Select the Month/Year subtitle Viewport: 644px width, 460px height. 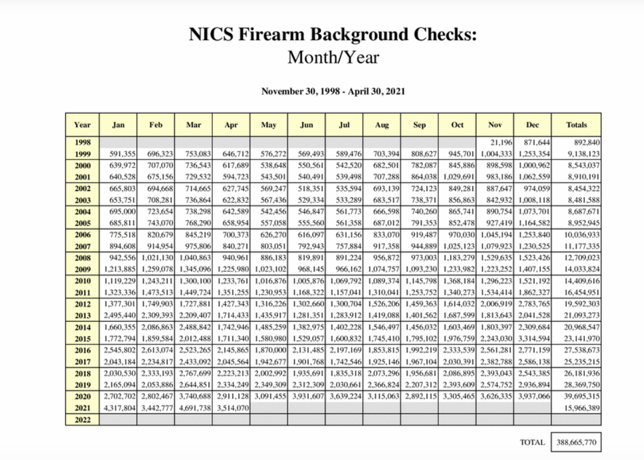(333, 58)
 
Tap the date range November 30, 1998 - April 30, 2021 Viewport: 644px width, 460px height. (333, 91)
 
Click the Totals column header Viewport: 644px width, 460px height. (576, 125)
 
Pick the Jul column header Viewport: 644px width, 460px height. (344, 125)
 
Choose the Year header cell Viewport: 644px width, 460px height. (82, 125)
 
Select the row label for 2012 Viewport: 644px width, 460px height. (82, 304)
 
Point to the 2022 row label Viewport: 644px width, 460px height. (82, 420)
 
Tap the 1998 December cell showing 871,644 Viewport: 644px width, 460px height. (536, 142)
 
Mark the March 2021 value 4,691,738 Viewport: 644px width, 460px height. (195, 408)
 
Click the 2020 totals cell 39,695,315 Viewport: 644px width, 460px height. (582, 396)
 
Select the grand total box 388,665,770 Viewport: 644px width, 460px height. (576, 442)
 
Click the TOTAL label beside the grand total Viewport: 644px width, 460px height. (532, 442)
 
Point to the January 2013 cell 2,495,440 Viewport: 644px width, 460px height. (120, 315)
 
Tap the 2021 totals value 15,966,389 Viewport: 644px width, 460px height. (582, 408)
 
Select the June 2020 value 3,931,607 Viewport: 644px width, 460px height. (308, 396)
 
